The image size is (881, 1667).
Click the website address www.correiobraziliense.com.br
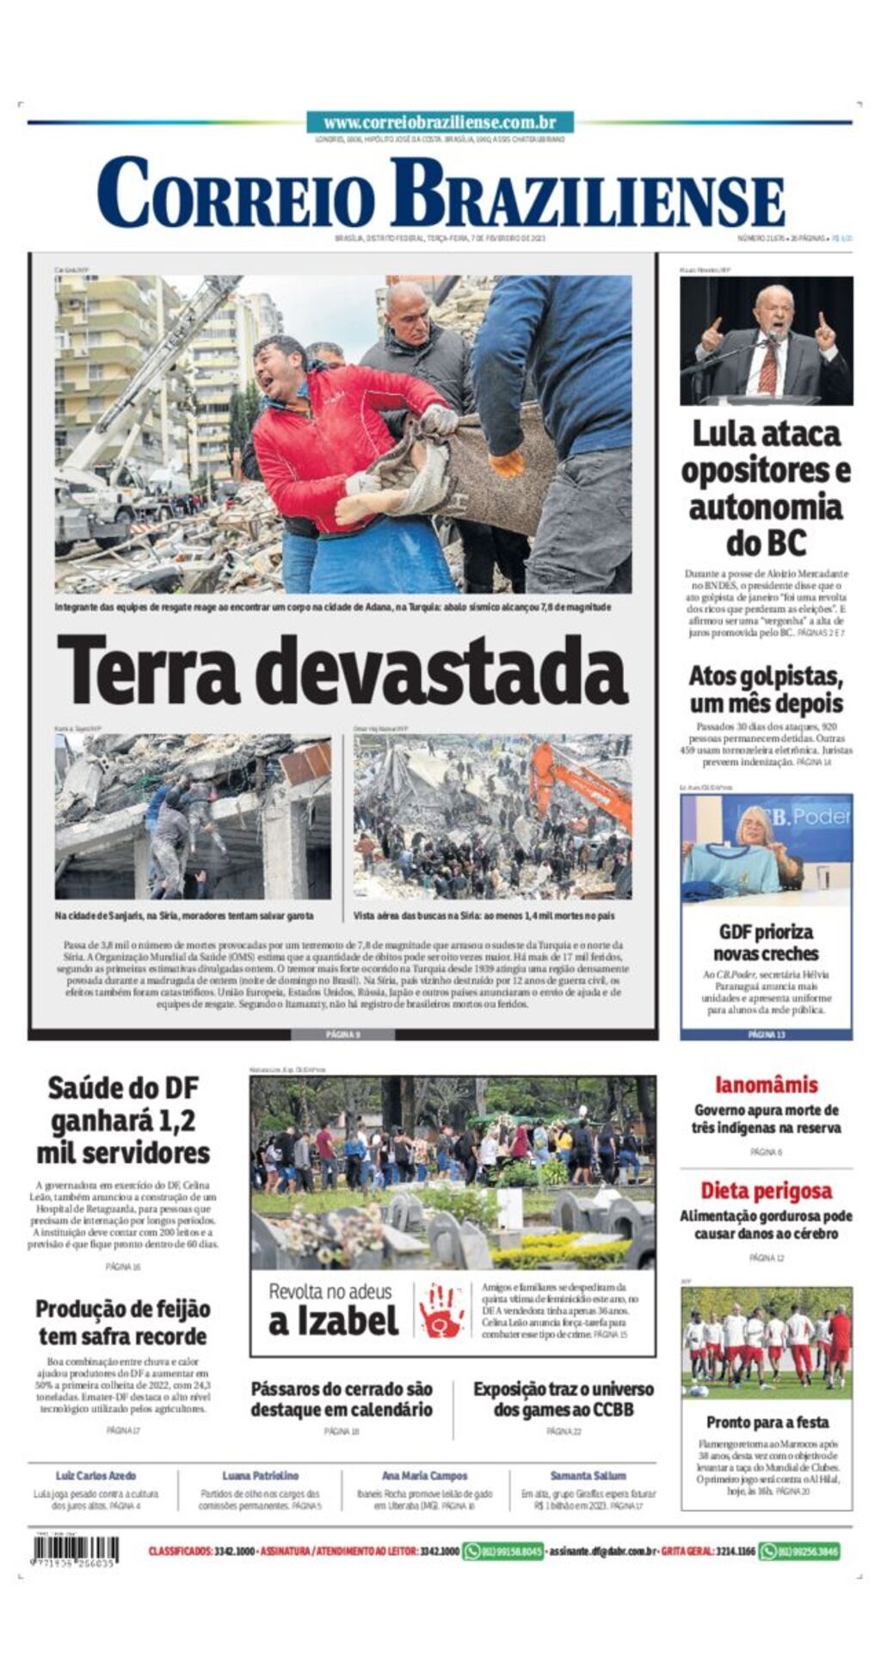click(x=440, y=123)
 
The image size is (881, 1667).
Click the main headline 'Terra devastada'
click(x=342, y=671)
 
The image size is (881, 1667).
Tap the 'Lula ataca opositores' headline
click(x=766, y=488)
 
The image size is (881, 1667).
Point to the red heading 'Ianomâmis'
click(x=766, y=1085)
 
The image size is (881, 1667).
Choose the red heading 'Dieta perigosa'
click(x=766, y=1190)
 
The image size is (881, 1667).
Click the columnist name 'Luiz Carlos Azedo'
click(x=95, y=1475)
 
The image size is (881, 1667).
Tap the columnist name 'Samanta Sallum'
click(x=588, y=1475)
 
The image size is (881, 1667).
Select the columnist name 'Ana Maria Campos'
click(x=424, y=1475)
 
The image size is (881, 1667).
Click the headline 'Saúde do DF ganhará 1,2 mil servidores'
click(x=122, y=1120)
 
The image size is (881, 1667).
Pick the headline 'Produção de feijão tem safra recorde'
click(x=122, y=1322)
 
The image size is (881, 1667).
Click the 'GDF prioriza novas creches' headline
click(x=766, y=943)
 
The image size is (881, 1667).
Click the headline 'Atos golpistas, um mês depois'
click(x=766, y=689)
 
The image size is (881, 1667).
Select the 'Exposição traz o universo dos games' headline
click(x=564, y=1399)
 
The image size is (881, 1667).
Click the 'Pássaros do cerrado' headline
click(x=342, y=1399)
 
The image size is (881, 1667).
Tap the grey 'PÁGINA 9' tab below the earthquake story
click(x=342, y=1034)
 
